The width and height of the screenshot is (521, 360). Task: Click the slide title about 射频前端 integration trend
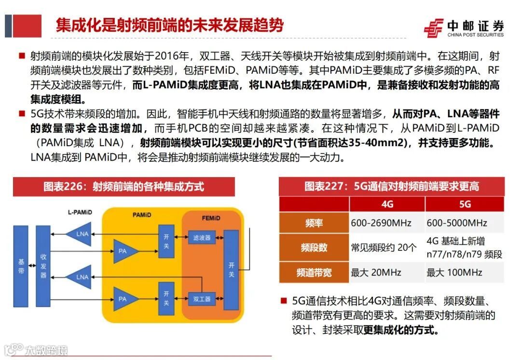coord(169,25)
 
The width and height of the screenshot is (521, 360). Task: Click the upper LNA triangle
coord(82,234)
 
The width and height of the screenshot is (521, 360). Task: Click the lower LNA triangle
coord(82,277)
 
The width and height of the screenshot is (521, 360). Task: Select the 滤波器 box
coord(202,238)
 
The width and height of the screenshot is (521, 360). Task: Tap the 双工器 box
coord(202,299)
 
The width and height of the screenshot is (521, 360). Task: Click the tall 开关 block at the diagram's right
coord(231,270)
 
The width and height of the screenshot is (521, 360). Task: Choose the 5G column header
coord(465,204)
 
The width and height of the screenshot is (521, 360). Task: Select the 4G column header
coord(387,204)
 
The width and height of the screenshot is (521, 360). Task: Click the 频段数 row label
coord(314,248)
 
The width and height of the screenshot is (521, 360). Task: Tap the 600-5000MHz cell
coord(457,223)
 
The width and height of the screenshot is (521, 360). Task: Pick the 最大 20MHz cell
coord(376,273)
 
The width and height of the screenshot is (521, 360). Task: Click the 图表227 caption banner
coord(391,186)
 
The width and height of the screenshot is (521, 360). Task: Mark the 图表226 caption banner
coord(123,186)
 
